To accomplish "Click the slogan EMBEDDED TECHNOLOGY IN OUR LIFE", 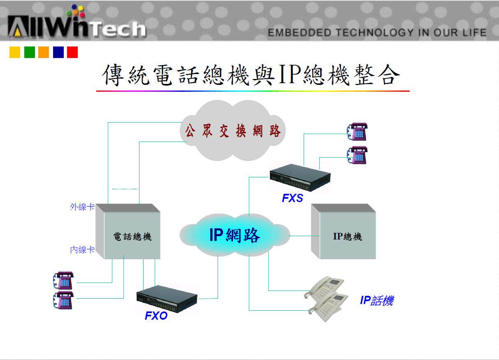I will [x=377, y=33].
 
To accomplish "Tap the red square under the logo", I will [x=72, y=52].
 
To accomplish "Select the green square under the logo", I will [x=30, y=52].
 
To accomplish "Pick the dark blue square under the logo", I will [x=58, y=52].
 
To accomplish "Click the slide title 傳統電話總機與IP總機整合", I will [x=251, y=75].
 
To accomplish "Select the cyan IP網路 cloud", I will [x=234, y=235].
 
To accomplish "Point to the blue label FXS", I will [x=292, y=198].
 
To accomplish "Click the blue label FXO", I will [x=156, y=316].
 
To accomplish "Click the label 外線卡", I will [x=82, y=207].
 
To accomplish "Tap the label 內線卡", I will [x=82, y=250].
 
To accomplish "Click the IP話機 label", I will [x=376, y=301].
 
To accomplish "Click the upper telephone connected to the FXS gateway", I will [x=357, y=131].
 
